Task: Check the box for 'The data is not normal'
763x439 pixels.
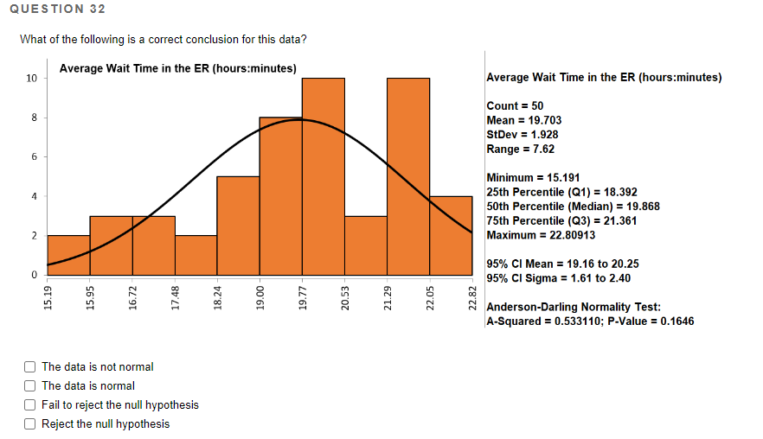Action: pos(30,367)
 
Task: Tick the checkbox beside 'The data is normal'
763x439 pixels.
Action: pos(30,386)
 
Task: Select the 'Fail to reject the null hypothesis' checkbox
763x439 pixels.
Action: pos(30,405)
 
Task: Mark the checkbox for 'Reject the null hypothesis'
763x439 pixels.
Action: pos(30,424)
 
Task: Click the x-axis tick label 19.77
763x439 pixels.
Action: pos(302,296)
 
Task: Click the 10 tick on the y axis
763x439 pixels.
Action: pos(31,79)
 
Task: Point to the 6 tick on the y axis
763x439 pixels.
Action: pos(34,157)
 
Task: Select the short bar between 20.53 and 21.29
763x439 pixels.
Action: pos(365,245)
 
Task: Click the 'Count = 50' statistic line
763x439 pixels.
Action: pos(516,105)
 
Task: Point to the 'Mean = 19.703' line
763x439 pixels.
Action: pos(524,120)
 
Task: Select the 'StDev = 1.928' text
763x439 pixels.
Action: pos(523,134)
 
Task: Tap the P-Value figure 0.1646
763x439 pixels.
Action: pos(674,321)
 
